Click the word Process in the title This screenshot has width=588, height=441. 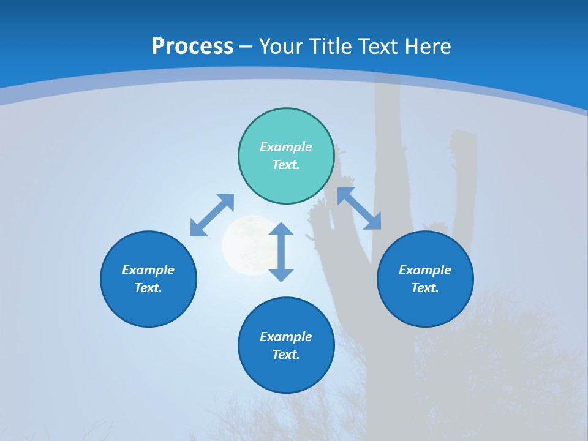coord(192,47)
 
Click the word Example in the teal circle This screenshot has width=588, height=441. coord(286,147)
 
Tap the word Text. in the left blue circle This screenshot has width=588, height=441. coord(148,288)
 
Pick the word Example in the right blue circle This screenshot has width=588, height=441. coord(425,270)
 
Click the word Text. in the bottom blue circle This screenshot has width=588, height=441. coord(286,355)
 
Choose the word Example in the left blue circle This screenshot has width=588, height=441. coord(148,270)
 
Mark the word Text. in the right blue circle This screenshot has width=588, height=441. coord(425,288)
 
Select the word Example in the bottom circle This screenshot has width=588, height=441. coord(286,337)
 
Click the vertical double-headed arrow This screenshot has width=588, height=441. coord(281,252)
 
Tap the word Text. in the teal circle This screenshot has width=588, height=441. coord(286,165)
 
